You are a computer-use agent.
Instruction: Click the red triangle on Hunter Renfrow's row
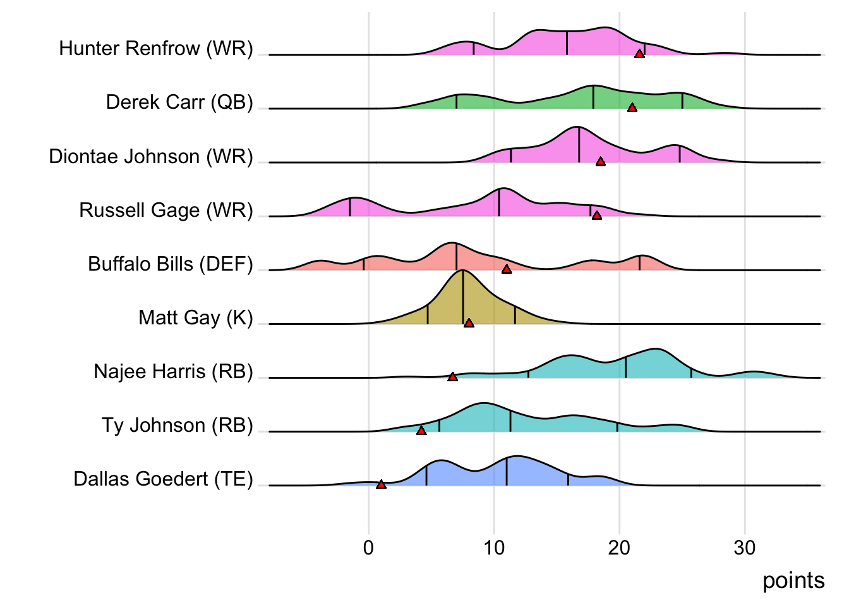coord(639,54)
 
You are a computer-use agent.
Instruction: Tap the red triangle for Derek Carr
coord(632,107)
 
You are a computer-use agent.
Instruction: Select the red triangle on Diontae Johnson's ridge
coord(601,161)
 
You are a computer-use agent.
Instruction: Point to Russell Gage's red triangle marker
coord(596,216)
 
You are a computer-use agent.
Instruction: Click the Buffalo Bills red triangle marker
coord(506,269)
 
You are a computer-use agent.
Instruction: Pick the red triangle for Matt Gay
coord(469,323)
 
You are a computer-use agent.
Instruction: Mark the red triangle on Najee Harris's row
coord(452,377)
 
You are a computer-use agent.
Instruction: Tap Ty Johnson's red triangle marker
coord(421,431)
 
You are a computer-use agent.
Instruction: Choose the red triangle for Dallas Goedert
coord(381,484)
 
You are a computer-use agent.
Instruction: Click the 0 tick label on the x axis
coord(368,548)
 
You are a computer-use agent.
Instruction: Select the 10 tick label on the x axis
coord(494,548)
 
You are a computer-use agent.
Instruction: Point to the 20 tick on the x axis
coord(619,548)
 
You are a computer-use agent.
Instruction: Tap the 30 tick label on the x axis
coord(745,548)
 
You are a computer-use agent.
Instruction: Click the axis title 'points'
coord(793,580)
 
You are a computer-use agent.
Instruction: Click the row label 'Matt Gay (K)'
coord(196,317)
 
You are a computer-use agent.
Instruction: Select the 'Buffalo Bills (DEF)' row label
coord(171,264)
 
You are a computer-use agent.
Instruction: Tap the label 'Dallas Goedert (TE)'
coord(163,479)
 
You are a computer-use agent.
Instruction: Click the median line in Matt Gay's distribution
coord(463,297)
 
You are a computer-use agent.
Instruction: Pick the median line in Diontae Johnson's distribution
coord(579,145)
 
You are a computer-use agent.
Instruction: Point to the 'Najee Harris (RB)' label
coord(173,371)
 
